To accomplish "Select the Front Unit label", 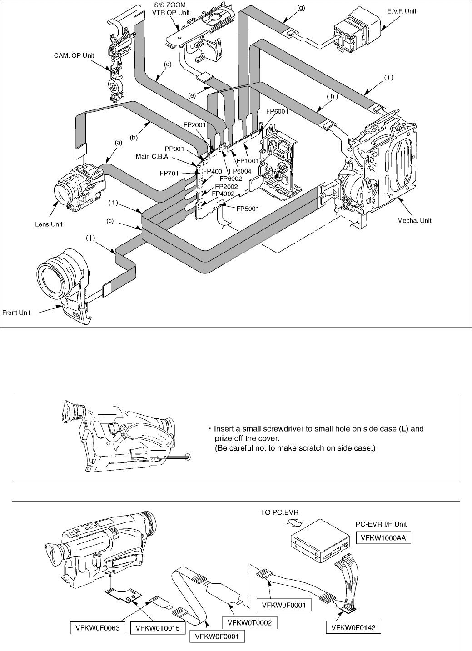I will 16,313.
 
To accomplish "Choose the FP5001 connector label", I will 248,209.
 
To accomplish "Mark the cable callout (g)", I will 300,8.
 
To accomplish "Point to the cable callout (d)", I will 168,64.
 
